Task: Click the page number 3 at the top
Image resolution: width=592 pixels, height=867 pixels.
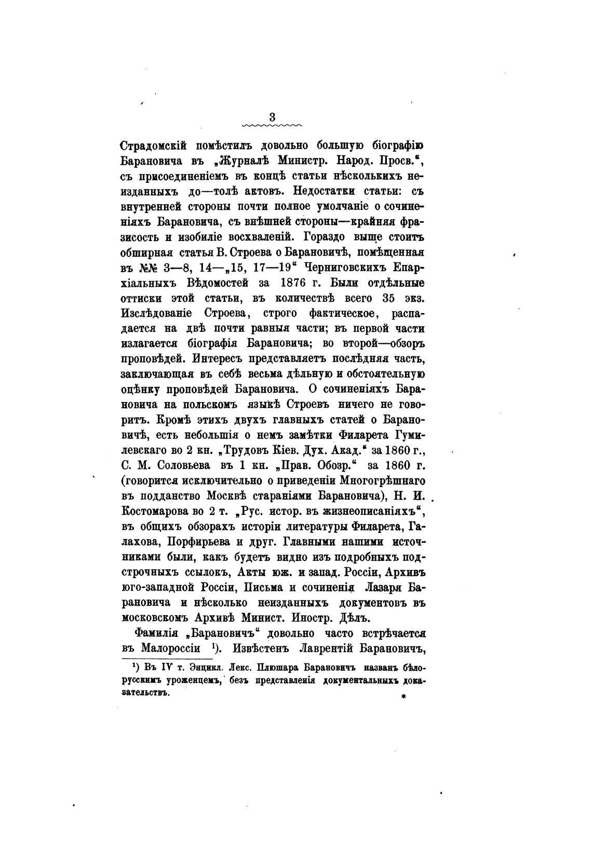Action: point(273,117)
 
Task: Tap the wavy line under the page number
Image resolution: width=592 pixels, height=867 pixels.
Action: point(273,125)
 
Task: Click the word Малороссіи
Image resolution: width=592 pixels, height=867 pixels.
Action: point(169,649)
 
